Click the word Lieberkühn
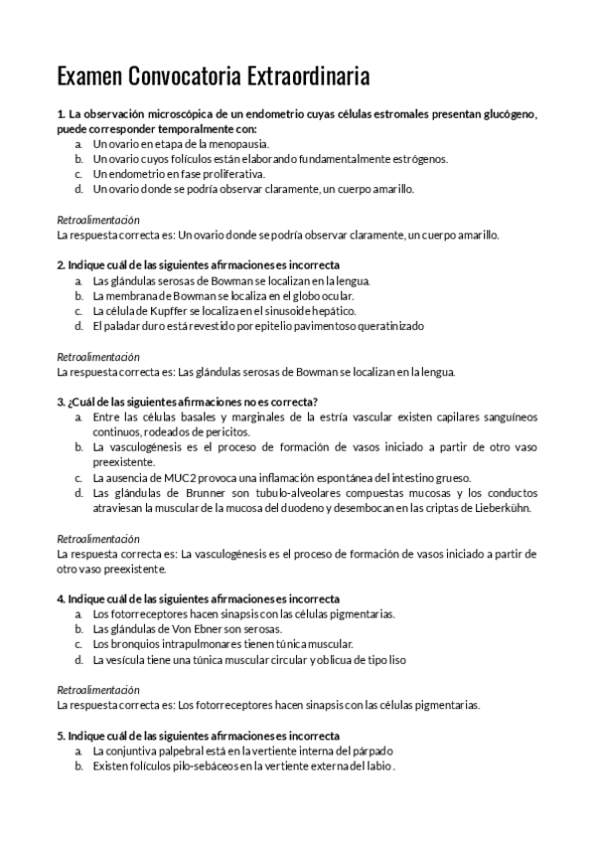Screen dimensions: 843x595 [x=504, y=507]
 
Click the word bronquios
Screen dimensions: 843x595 [x=129, y=643]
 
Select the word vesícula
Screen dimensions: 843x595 [x=129, y=658]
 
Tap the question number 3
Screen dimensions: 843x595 [x=61, y=402]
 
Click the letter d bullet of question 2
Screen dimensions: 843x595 [x=78, y=325]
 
